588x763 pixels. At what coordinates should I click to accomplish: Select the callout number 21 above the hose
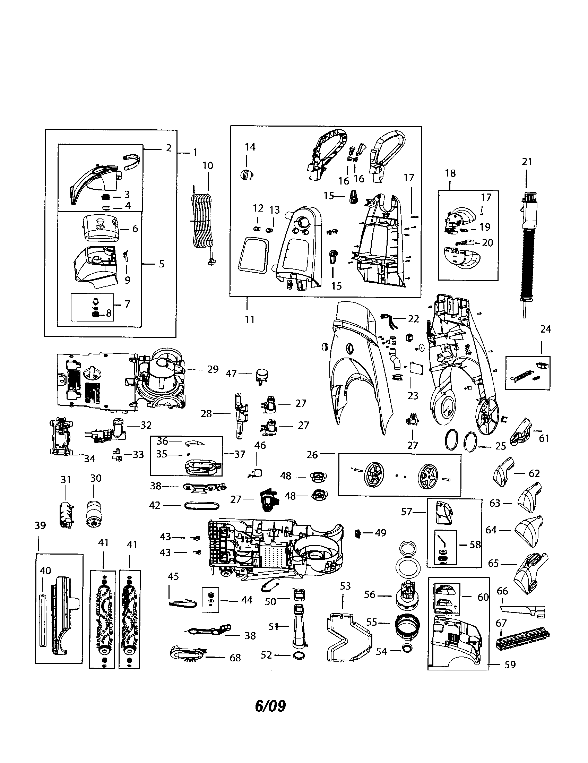(527, 162)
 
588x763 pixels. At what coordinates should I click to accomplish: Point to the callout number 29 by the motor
(213, 369)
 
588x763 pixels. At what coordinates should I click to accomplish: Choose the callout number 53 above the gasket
(345, 586)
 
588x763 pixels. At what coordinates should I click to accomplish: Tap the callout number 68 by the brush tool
(235, 658)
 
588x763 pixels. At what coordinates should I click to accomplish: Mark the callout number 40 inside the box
(45, 571)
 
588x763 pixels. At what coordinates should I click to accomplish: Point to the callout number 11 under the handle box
(249, 319)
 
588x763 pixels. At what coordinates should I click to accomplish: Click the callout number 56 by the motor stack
(370, 594)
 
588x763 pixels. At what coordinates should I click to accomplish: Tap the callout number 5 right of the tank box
(161, 264)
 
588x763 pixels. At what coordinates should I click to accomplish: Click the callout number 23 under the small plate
(413, 396)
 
